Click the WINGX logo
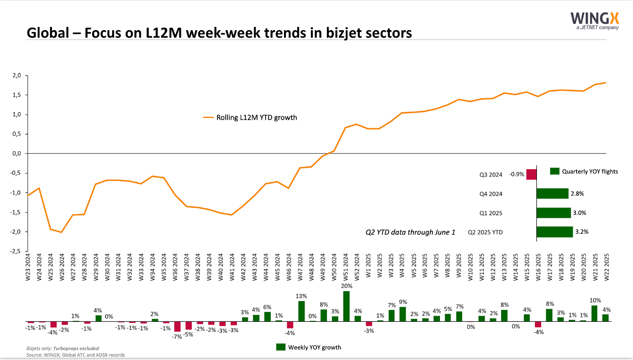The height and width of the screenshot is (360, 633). (x=594, y=21)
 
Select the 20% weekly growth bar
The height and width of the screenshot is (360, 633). (x=346, y=306)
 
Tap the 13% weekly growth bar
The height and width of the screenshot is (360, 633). (x=301, y=311)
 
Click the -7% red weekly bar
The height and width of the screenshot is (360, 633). (x=177, y=327)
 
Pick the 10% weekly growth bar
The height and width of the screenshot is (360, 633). (x=594, y=313)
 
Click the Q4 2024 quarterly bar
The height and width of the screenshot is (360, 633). (x=552, y=194)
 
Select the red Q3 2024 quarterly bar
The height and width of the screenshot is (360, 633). (x=531, y=174)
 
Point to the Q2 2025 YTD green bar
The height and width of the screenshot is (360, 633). (x=555, y=232)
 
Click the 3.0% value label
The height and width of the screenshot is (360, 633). (x=580, y=213)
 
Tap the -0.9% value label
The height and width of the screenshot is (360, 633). (x=517, y=174)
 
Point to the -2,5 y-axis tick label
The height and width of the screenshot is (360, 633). (x=16, y=251)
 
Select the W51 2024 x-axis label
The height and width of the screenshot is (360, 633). (x=346, y=267)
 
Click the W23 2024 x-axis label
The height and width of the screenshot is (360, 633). (x=28, y=267)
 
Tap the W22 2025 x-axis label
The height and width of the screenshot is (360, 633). (x=606, y=267)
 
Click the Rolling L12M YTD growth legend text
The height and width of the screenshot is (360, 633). (x=257, y=118)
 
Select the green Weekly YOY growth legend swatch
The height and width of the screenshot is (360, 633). (x=281, y=347)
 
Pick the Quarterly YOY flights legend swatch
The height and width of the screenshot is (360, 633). (x=555, y=171)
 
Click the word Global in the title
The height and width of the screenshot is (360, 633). (x=48, y=33)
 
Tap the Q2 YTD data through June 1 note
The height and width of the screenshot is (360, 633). (x=410, y=232)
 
